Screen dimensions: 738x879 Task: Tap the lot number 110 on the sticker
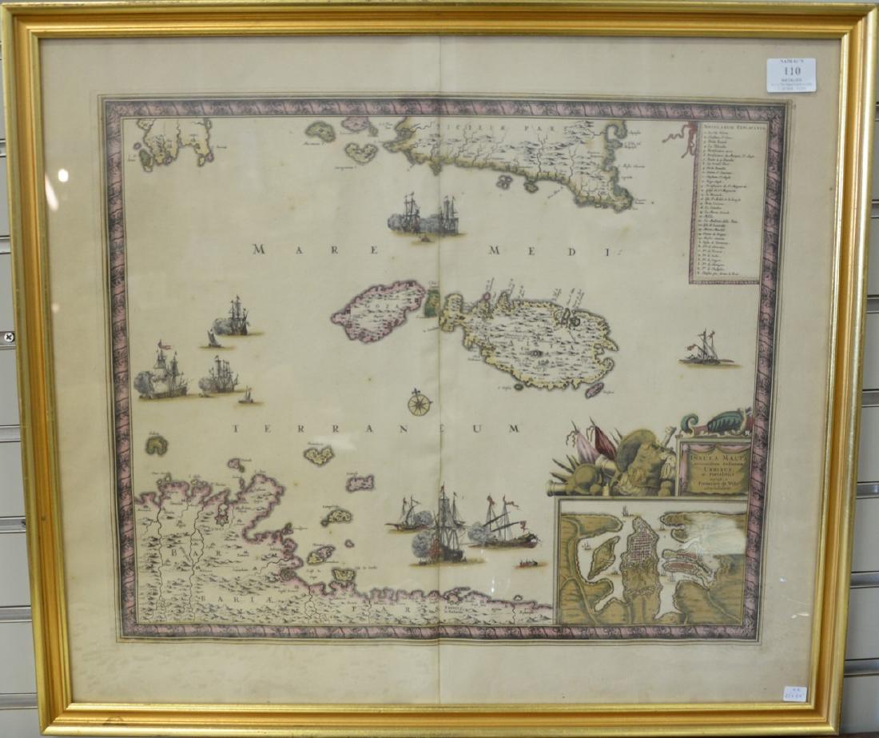click(x=791, y=70)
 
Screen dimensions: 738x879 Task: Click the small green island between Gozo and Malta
click(x=432, y=303)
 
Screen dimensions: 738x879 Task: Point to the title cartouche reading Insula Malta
click(x=714, y=467)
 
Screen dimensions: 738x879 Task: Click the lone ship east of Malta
click(x=706, y=350)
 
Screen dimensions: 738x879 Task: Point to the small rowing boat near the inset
click(x=528, y=564)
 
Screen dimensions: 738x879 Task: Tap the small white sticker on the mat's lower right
click(x=794, y=693)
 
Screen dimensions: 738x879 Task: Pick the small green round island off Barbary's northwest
click(x=156, y=445)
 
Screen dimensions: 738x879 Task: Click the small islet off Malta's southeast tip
click(x=594, y=390)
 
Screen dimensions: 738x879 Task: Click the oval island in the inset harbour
click(x=603, y=556)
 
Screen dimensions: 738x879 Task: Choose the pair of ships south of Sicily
click(x=424, y=216)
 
